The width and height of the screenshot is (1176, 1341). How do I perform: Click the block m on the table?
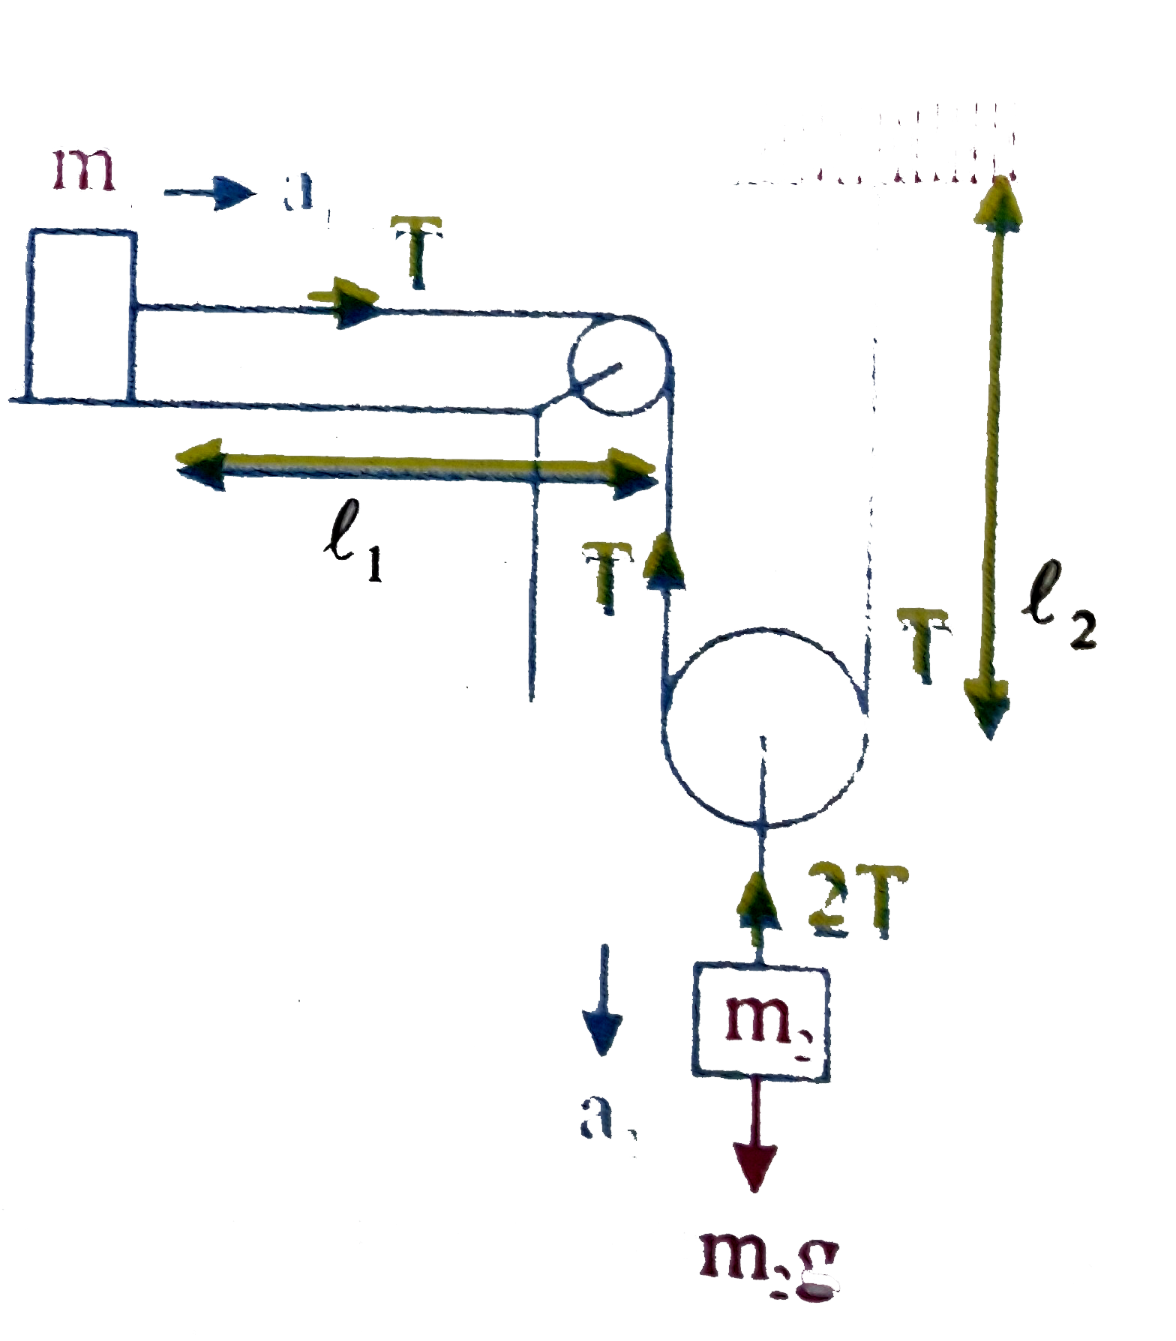(x=82, y=315)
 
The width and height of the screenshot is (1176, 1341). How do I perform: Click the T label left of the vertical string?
(x=608, y=577)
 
